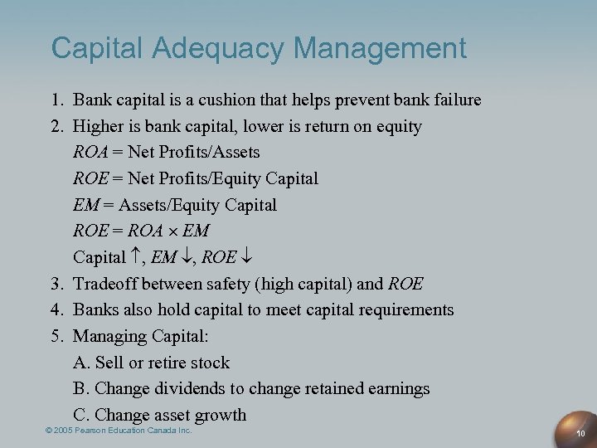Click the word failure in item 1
(455, 100)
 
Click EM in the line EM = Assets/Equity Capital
(86, 205)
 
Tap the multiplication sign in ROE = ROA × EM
(170, 231)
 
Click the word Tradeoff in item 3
(105, 284)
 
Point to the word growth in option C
(220, 416)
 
